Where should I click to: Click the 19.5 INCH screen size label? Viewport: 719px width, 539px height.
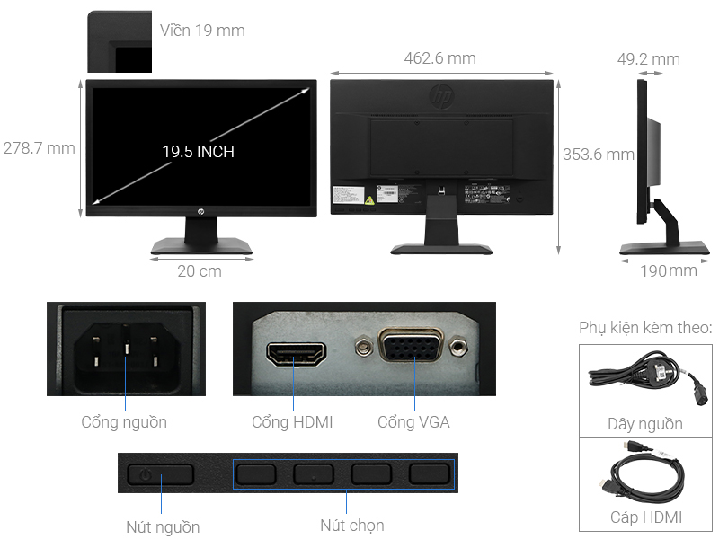click(198, 152)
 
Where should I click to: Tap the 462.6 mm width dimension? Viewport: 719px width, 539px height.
click(439, 59)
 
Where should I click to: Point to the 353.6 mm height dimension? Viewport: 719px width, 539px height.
click(599, 155)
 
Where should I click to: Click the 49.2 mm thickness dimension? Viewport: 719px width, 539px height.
click(648, 59)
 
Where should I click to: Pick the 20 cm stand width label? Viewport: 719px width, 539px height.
click(199, 270)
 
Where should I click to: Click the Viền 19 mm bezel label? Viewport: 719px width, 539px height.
click(202, 31)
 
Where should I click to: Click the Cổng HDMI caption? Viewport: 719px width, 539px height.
click(292, 421)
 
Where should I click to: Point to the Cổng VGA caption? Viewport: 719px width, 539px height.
click(413, 421)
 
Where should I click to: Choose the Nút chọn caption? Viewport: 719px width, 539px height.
click(352, 526)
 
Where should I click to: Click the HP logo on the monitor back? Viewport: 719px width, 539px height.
click(442, 95)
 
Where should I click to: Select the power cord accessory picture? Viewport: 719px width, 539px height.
click(644, 378)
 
